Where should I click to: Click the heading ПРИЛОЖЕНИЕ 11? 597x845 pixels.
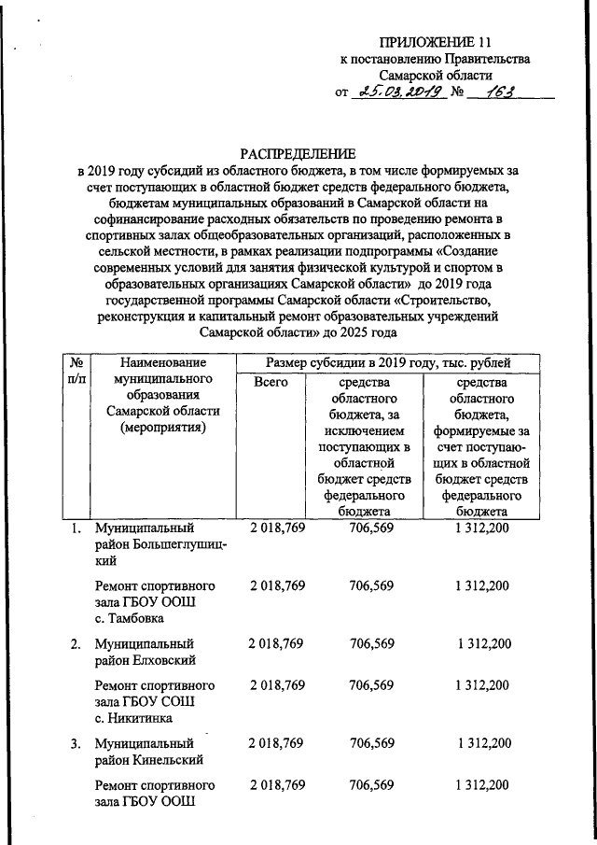pos(435,42)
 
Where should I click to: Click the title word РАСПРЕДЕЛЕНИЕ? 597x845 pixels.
pos(298,153)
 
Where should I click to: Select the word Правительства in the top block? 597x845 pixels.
pos(485,59)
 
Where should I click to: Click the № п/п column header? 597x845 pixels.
pos(73,370)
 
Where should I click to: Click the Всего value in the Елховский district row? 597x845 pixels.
pos(277,644)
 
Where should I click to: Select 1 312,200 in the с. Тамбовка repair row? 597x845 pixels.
pos(483,585)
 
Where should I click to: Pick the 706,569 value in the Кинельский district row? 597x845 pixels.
pos(371,744)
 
